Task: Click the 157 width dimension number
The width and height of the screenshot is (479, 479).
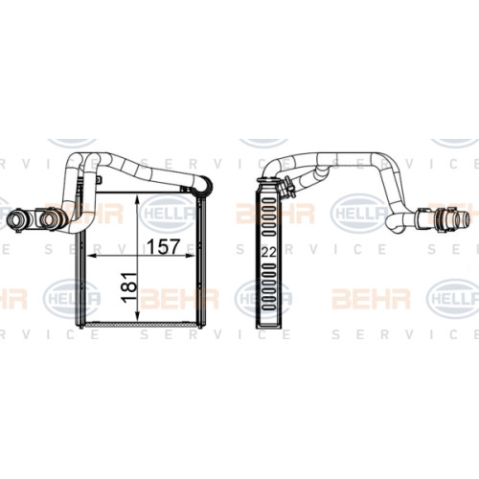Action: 164,246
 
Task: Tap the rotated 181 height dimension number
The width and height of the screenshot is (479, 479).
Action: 129,287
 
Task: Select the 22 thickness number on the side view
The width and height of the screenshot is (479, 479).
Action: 268,252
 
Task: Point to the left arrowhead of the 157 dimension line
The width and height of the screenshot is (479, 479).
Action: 92,256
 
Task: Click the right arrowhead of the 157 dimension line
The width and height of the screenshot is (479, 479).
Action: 190,256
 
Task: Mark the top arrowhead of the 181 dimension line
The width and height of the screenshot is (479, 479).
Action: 137,199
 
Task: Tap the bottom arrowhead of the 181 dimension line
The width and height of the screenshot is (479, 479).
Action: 137,316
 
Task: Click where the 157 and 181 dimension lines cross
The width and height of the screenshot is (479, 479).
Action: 137,256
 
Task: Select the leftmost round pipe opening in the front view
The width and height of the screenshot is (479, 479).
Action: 15,218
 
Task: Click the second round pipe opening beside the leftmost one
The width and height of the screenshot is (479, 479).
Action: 50,217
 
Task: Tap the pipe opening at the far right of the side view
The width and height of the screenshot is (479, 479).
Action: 463,218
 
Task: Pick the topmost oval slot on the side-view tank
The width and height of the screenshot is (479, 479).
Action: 268,200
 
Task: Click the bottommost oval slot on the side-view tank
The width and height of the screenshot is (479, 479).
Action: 268,308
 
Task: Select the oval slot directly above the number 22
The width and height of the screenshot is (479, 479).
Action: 268,234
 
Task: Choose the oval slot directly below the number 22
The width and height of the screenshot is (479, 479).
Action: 268,266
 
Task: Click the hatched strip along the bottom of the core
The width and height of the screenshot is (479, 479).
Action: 141,325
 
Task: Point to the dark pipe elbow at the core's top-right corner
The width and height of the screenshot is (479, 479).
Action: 204,186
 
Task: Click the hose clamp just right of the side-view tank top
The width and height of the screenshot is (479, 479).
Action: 286,187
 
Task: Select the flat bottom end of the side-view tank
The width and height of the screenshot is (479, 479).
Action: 268,326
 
